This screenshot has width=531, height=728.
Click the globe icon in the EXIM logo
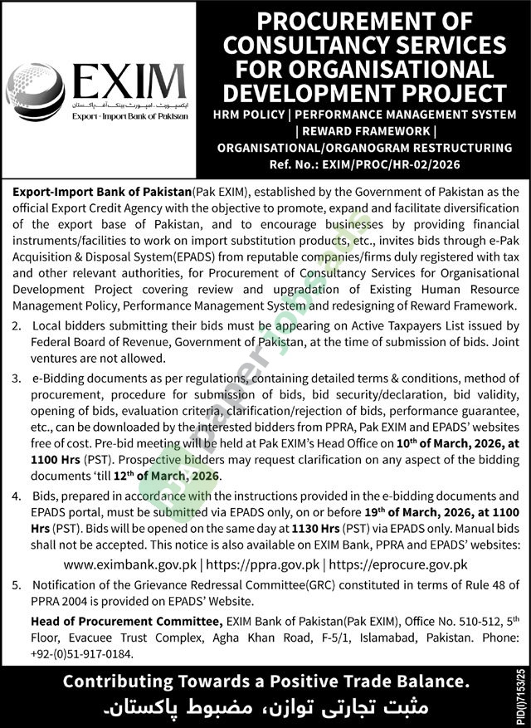[x=36, y=92]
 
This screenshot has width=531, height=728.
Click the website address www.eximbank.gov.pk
[x=141, y=564]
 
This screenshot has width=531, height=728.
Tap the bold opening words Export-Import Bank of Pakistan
[x=103, y=192]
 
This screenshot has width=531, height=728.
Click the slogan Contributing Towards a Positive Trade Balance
[x=266, y=682]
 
